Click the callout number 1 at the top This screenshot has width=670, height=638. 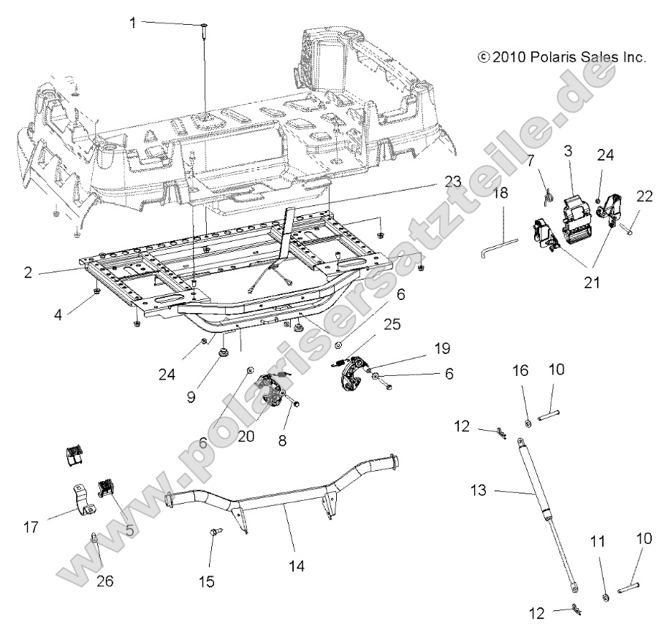click(133, 23)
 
